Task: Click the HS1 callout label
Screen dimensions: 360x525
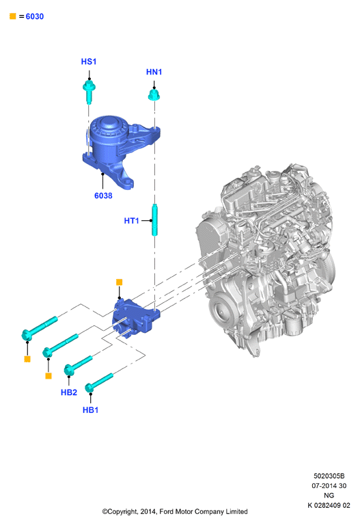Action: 89,62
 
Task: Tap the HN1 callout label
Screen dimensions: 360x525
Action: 154,72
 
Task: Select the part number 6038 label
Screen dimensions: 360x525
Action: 103,196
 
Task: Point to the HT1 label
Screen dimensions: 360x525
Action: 131,221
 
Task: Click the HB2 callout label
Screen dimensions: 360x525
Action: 69,392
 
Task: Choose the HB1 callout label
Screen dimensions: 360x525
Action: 90,410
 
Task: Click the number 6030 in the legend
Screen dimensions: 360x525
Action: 35,16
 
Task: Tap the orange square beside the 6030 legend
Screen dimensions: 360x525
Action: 13,16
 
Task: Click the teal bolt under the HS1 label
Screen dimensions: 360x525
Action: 89,92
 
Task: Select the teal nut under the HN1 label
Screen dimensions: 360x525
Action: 154,95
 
